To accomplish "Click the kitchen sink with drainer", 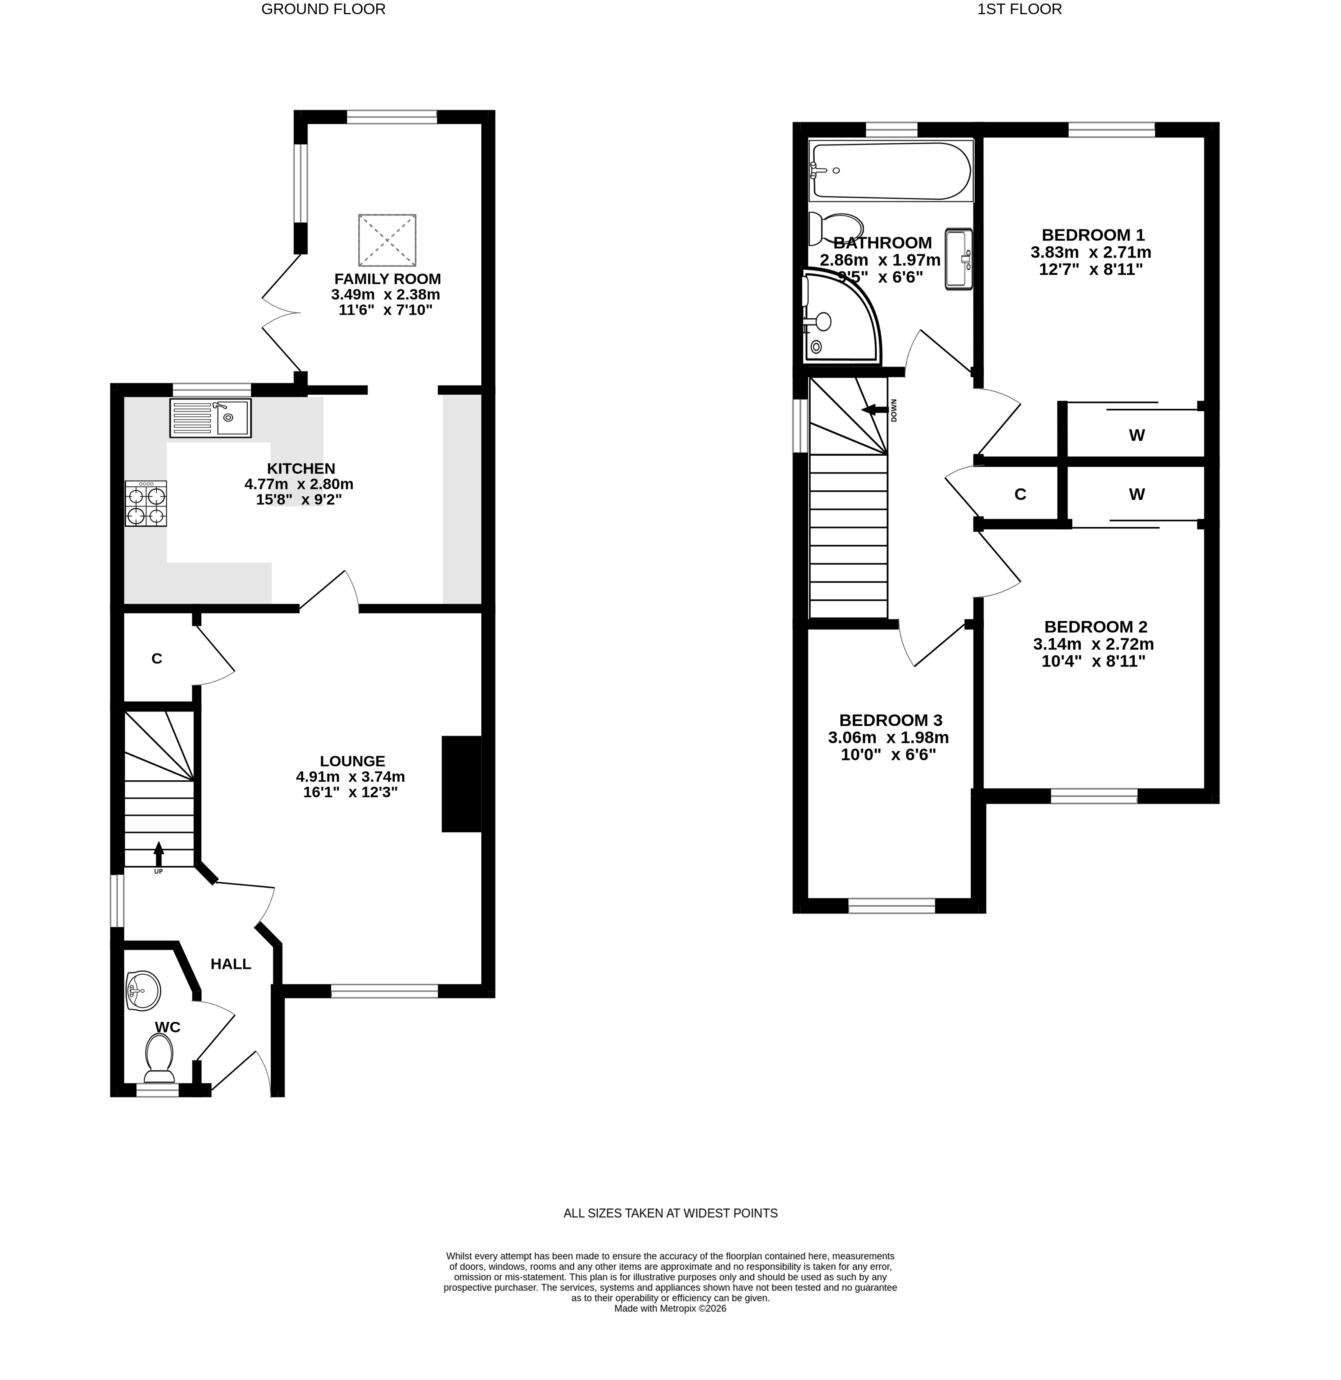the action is (210, 418).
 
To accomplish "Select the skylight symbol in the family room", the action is (387, 240).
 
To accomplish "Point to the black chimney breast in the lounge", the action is (461, 784).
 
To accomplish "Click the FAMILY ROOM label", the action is (387, 279).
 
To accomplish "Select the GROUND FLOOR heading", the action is (323, 9).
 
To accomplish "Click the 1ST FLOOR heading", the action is (1019, 9).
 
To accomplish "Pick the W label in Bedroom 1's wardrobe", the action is (1137, 435).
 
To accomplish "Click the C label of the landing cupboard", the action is (1020, 495).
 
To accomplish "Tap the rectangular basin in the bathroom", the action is (958, 259).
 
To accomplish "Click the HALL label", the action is (231, 964).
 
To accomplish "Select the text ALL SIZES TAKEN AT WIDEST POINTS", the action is (670, 1213).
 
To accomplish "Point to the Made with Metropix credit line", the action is (670, 1308).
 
